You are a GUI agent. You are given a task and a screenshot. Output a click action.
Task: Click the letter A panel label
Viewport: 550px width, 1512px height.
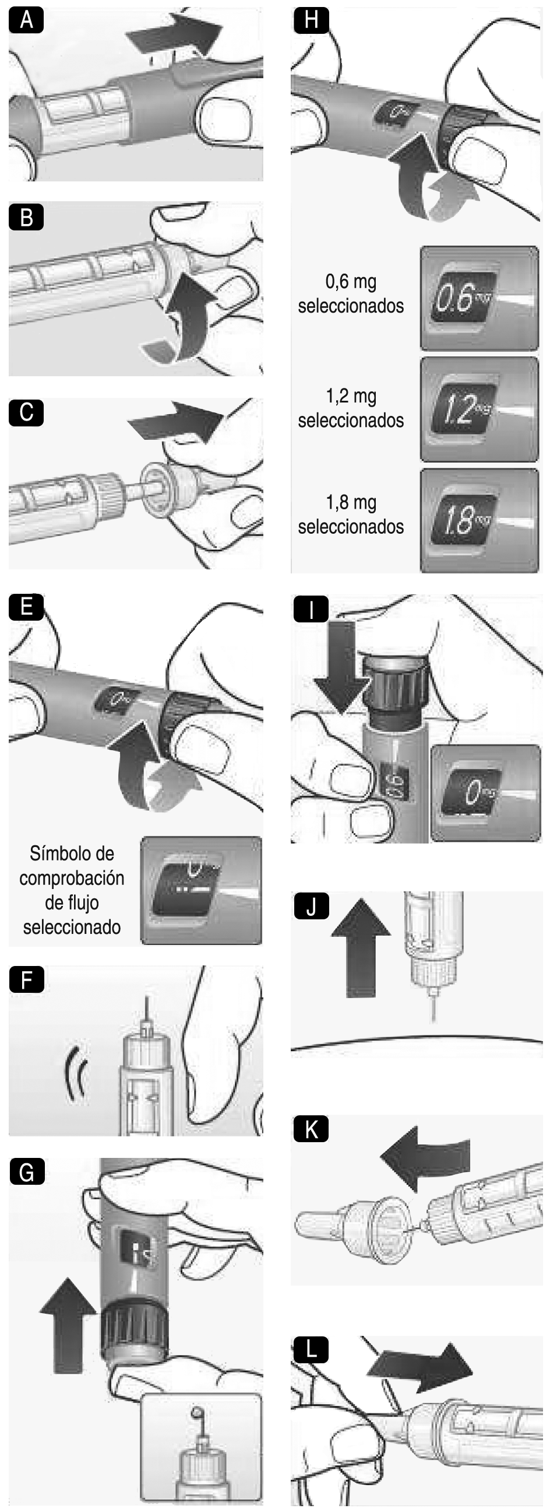[26, 20]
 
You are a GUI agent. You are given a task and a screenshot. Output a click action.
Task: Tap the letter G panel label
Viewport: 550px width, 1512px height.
[27, 1172]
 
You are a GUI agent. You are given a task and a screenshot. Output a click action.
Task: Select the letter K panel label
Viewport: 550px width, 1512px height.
[311, 1129]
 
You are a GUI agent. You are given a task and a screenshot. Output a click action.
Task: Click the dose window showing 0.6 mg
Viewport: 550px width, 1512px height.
[463, 298]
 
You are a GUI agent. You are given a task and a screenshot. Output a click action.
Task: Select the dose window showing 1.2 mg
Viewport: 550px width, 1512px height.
[463, 409]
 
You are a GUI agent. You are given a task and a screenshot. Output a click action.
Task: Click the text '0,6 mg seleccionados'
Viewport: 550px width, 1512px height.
[351, 293]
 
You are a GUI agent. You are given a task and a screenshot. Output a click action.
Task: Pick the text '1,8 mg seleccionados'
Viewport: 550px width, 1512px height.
[351, 514]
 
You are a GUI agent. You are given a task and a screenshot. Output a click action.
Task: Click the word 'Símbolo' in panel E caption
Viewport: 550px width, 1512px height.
[72, 853]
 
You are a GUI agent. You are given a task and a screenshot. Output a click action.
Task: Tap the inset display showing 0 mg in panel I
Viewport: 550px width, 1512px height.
[485, 793]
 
